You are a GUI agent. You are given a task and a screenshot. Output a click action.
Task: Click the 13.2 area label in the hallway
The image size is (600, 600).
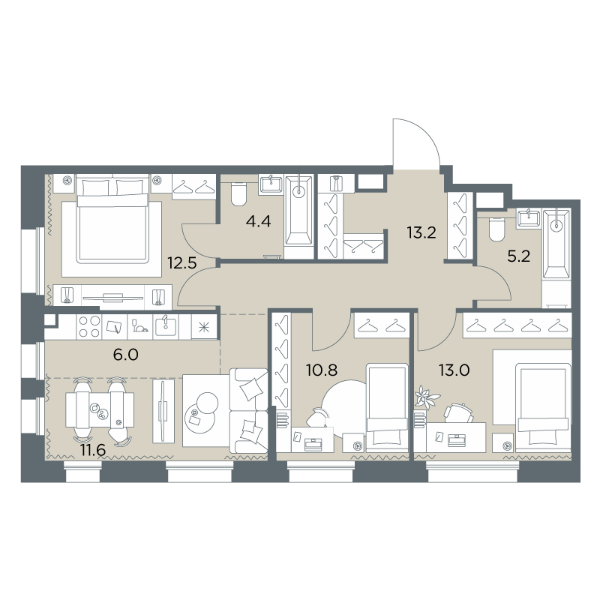point(421,232)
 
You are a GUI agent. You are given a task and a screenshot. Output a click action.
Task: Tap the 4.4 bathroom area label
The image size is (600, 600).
point(258,221)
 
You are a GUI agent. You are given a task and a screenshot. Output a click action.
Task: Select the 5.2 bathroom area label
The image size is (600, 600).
point(518,256)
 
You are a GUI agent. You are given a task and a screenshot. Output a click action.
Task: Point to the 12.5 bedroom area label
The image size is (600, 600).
point(182,263)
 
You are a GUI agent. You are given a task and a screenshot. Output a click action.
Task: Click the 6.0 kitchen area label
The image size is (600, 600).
point(125,355)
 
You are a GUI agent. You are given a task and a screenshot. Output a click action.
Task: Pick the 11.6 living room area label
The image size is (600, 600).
point(92,450)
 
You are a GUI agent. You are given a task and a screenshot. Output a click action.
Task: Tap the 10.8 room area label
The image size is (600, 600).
point(322,370)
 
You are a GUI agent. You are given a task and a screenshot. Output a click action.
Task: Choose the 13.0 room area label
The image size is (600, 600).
point(454,370)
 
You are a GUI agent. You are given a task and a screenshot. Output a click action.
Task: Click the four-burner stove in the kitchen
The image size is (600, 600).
point(89,327)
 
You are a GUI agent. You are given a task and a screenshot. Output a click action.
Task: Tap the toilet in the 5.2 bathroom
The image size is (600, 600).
point(497,229)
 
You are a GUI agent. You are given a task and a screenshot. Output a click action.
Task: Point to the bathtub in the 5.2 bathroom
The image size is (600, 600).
point(556,243)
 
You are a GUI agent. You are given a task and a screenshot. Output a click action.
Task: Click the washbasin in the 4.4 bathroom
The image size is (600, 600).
point(271,184)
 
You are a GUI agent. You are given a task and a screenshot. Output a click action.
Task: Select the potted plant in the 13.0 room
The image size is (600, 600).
point(427,395)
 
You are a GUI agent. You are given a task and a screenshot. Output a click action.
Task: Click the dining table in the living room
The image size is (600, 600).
point(100,409)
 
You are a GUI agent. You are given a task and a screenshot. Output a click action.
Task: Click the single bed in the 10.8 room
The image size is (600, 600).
point(387,408)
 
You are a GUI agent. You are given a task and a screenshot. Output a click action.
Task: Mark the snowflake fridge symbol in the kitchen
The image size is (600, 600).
point(203,327)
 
